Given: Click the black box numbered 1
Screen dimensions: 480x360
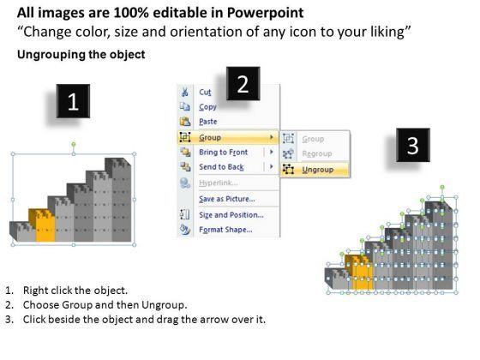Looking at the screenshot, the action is point(73,101).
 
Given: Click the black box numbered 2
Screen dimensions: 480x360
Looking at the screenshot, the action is point(243,84).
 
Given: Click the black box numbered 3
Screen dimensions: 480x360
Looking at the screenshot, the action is point(413,145).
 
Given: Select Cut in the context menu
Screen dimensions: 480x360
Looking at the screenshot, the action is point(205,93).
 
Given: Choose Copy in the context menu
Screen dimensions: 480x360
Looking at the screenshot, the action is point(207,107).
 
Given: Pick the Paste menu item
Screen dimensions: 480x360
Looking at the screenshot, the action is point(208,122).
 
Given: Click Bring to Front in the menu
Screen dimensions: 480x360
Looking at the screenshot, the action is point(223,153).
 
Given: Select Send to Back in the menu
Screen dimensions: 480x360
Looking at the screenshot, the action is point(221,167).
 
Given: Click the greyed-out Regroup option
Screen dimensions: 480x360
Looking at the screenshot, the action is point(317,153).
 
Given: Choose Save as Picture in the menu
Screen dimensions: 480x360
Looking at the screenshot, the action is point(227,199).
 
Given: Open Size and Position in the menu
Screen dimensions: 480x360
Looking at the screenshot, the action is point(231,215).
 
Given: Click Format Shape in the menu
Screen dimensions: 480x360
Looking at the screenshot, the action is point(225,230).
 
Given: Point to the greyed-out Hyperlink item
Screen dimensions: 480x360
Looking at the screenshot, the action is point(219,183).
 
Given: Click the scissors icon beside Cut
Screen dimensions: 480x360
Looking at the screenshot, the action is point(185,93).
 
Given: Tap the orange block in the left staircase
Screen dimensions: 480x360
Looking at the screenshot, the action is point(43,225).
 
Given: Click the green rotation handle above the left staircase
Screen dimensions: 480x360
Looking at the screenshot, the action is point(74,144).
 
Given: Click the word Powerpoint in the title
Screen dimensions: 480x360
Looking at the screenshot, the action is point(265,13).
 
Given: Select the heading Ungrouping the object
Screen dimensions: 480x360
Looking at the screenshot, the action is point(81,55).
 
